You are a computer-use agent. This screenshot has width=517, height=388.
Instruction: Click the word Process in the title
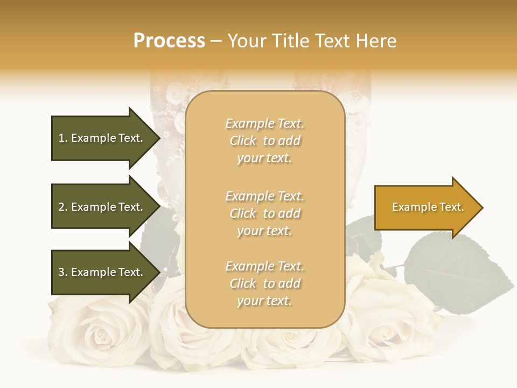coord(169,41)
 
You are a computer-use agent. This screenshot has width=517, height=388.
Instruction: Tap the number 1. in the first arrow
coord(62,138)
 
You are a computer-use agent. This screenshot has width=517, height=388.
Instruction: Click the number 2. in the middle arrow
coord(62,207)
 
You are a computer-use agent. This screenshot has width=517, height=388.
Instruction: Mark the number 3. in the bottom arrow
coord(62,272)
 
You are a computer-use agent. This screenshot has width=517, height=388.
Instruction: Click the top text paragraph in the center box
coord(264,141)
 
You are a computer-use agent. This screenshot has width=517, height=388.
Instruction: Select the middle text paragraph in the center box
coord(264,213)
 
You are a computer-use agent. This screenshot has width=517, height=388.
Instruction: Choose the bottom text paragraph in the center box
coord(264,283)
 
